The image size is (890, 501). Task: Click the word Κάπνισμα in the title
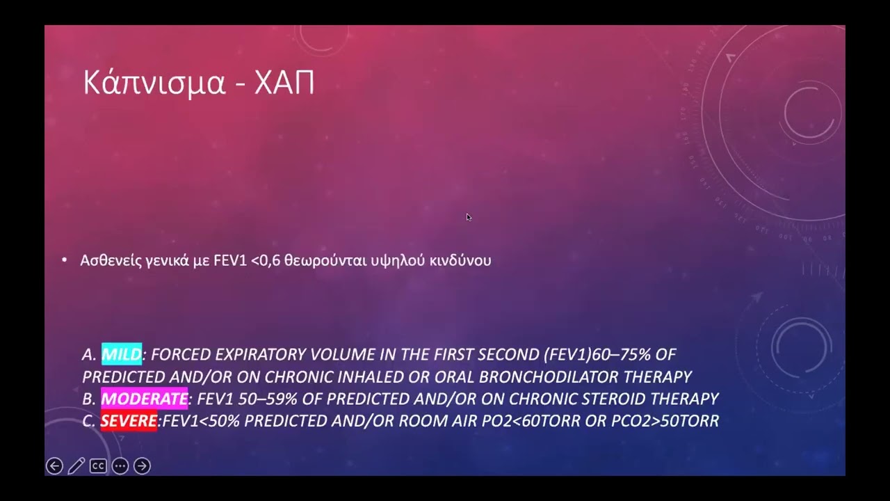[x=154, y=83]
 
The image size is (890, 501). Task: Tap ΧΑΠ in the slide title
[x=284, y=83]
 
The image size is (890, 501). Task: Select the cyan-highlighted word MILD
[x=122, y=354]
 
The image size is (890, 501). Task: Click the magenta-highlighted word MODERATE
[x=144, y=399]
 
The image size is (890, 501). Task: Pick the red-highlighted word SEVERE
[x=129, y=421]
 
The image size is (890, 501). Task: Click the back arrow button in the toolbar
[x=54, y=466]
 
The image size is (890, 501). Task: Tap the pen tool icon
[x=76, y=466]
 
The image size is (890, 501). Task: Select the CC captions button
[x=98, y=466]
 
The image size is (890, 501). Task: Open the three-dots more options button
[x=120, y=466]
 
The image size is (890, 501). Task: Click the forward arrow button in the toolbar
[x=142, y=466]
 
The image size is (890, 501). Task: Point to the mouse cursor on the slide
[x=469, y=218]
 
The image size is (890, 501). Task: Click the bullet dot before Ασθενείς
[x=65, y=260]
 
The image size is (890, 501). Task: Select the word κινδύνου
[x=460, y=260]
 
